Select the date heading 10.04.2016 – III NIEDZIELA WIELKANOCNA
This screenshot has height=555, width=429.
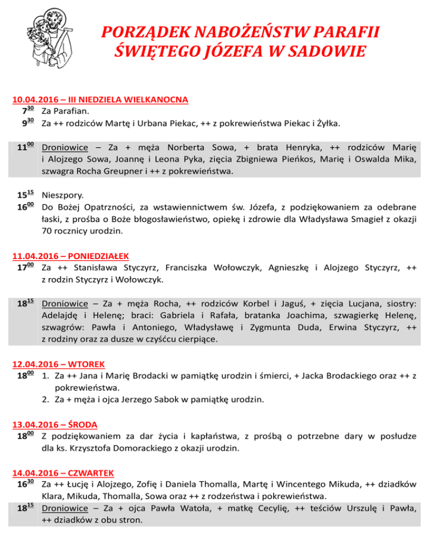100,101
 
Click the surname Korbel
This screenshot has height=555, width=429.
258,304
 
